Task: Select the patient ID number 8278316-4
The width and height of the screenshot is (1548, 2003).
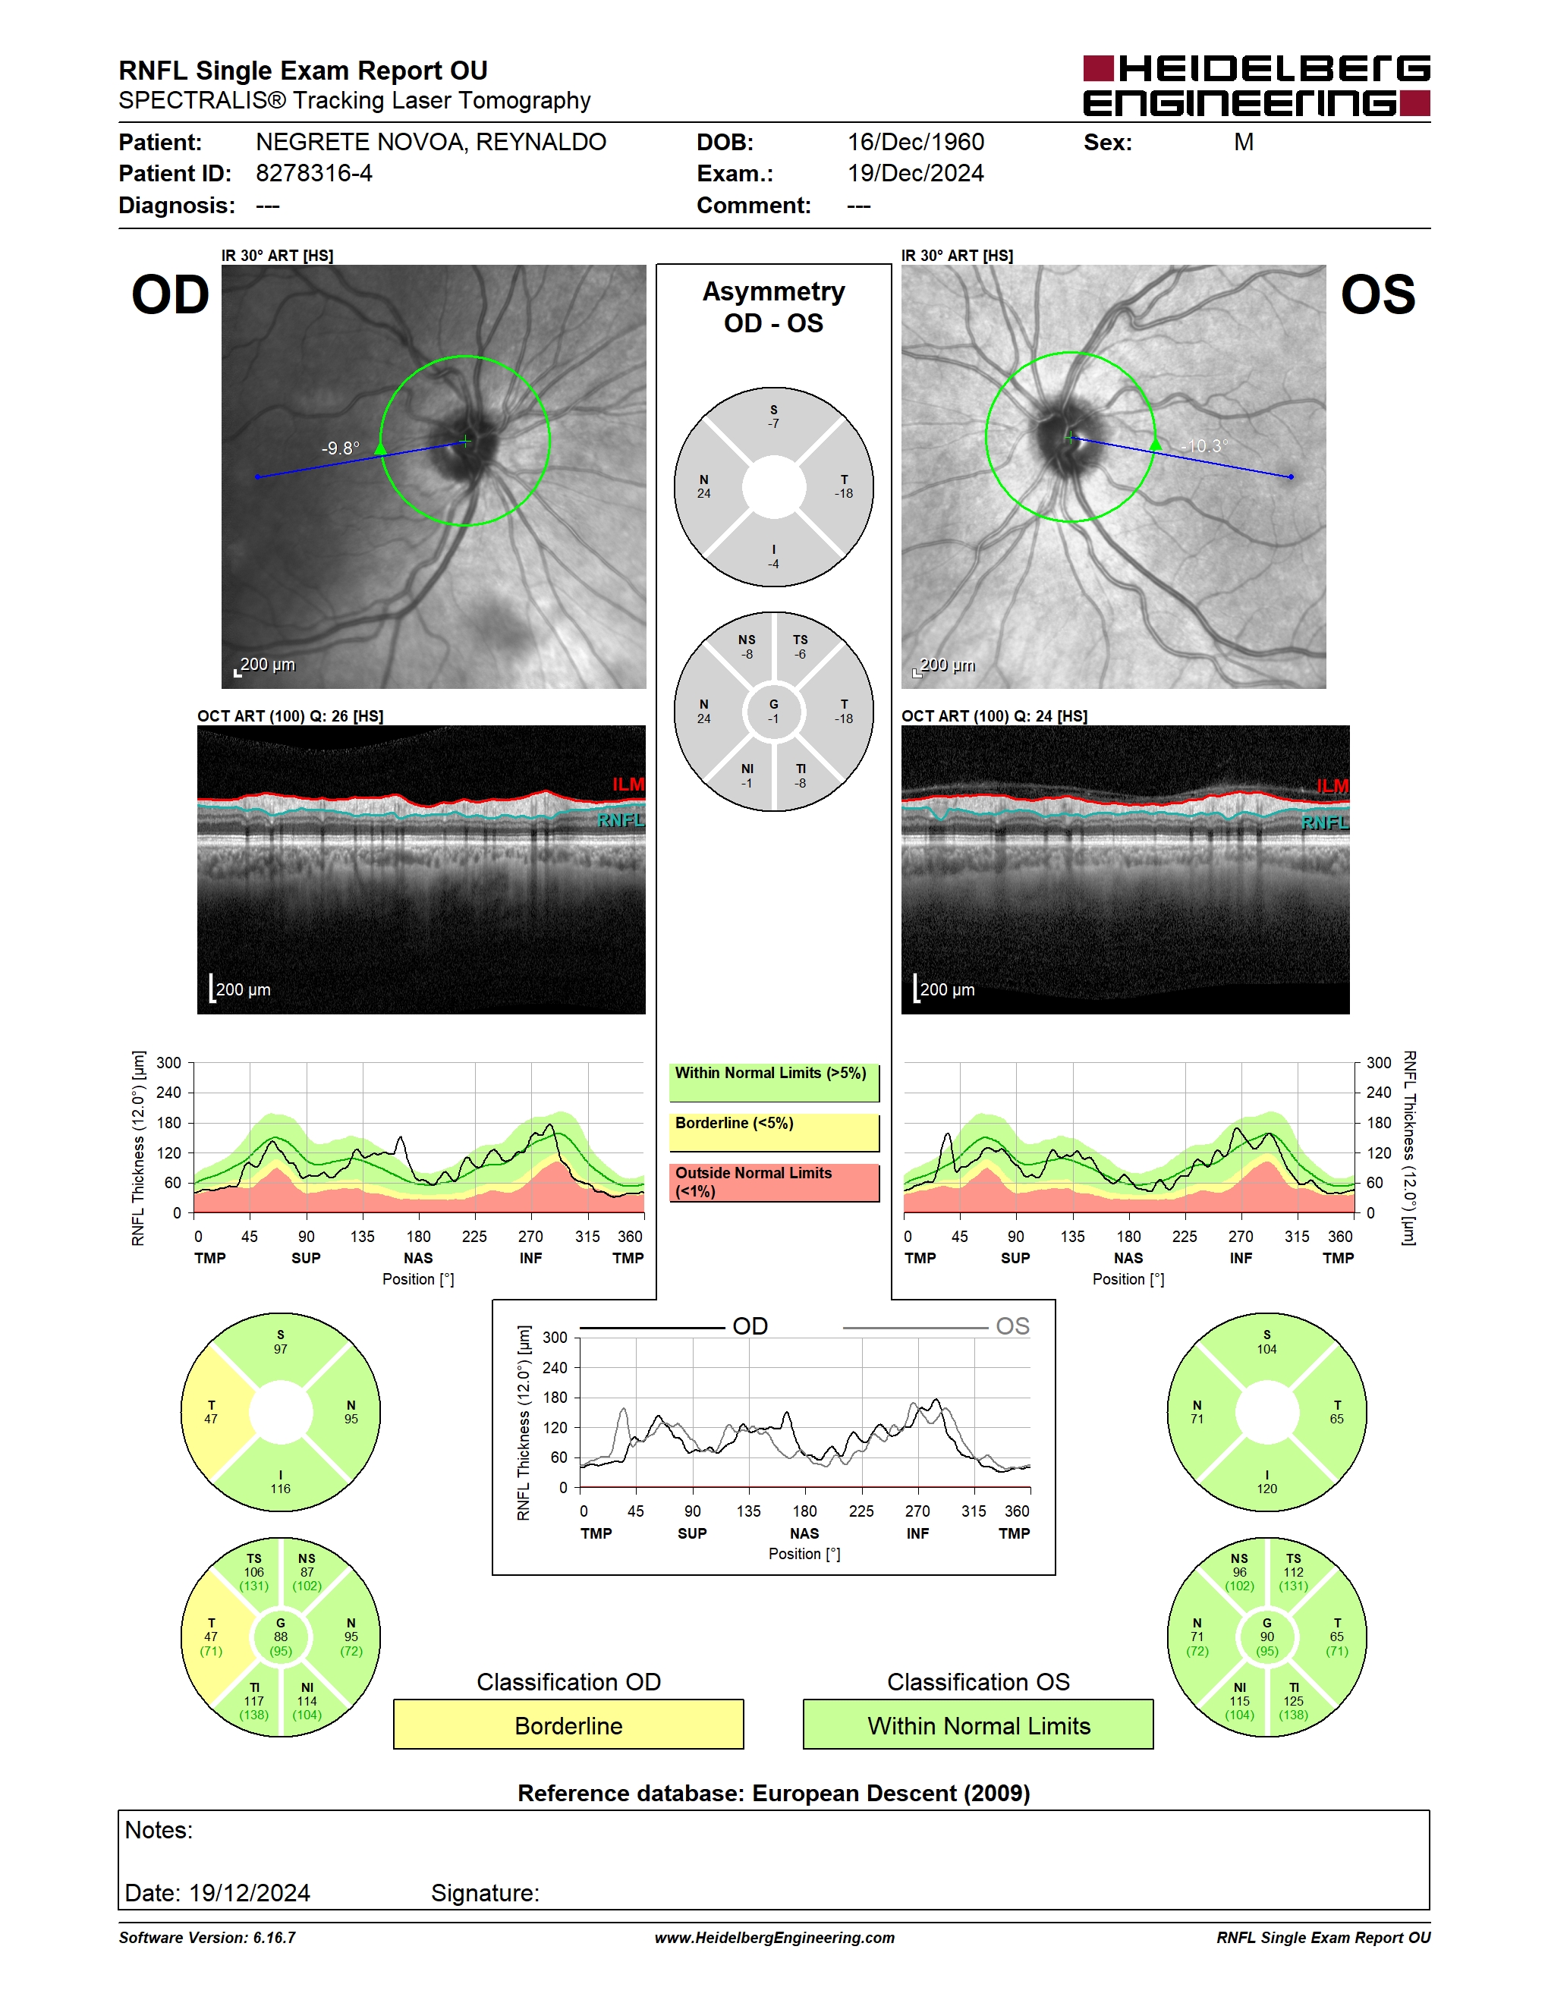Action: coord(313,173)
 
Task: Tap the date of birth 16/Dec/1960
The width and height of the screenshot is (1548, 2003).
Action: coord(915,142)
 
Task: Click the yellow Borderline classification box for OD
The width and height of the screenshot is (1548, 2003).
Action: coord(568,1725)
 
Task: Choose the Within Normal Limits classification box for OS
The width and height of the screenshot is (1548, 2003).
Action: coord(979,1725)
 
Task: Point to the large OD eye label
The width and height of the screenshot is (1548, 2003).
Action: coord(171,295)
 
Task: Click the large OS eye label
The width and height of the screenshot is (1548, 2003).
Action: coord(1377,295)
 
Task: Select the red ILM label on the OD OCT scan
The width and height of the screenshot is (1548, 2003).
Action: coord(628,785)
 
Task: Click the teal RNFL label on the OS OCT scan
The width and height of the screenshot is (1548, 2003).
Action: coord(1325,822)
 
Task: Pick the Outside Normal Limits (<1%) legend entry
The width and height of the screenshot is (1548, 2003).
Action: coord(774,1182)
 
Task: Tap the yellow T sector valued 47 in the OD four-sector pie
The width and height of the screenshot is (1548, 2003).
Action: coord(211,1413)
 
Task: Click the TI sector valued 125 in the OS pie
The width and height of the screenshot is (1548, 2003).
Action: coord(1294,1701)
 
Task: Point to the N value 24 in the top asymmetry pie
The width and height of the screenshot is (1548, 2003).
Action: coord(703,493)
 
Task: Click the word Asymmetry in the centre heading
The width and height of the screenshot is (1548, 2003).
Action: coord(774,291)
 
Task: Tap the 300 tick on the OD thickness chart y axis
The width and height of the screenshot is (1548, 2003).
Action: coord(168,1063)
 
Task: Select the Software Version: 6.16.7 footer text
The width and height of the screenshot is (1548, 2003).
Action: coord(207,1937)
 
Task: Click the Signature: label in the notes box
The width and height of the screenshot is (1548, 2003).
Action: coord(485,1893)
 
